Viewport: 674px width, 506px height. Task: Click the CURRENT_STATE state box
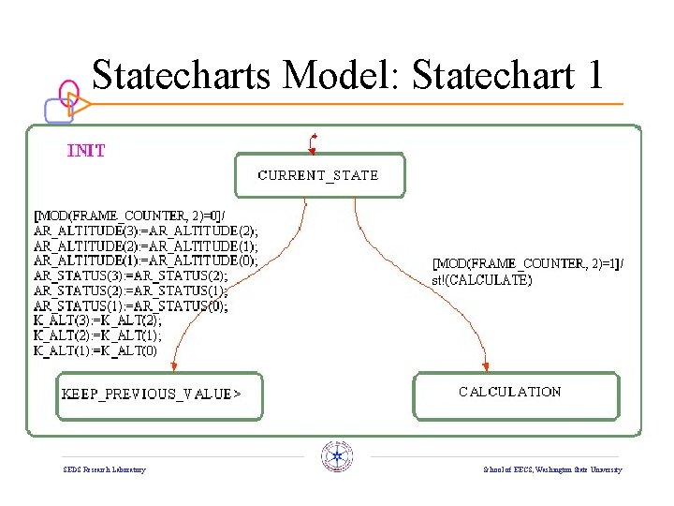point(319,175)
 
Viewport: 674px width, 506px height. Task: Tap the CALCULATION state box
point(516,394)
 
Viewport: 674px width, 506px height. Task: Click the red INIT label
point(86,150)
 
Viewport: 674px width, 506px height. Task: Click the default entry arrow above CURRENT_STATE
point(313,142)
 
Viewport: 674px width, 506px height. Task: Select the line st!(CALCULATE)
point(481,279)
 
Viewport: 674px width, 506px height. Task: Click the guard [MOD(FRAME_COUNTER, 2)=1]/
point(527,264)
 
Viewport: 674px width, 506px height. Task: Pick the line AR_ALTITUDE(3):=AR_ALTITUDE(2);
point(146,231)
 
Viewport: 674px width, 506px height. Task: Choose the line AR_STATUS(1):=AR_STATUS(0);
point(131,305)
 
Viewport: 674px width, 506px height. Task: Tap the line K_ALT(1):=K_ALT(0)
point(95,350)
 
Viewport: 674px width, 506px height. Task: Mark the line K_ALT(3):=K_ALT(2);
point(97,320)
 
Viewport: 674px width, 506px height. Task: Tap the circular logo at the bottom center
point(336,456)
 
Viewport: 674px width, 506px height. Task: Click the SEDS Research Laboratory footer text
point(104,469)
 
